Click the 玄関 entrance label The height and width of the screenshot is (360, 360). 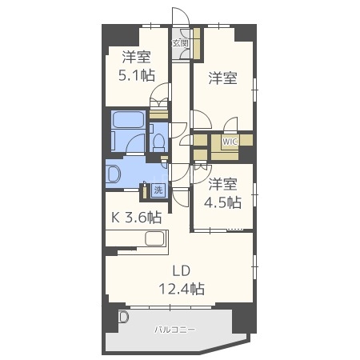coord(180,43)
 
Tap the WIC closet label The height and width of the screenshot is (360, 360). coord(230,142)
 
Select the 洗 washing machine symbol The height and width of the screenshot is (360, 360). coord(158,190)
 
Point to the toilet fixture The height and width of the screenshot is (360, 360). coord(158,143)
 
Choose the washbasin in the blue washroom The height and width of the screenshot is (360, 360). coord(114,174)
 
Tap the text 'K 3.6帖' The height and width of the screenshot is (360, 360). coord(135,217)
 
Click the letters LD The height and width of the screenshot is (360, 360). coord(179,270)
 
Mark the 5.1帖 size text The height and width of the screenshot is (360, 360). coord(136,75)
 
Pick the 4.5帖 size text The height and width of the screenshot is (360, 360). coord(223,202)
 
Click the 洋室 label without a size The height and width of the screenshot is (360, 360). coord(223,78)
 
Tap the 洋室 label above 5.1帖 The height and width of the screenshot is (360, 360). coord(136,57)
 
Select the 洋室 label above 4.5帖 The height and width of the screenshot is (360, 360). coord(223,183)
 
